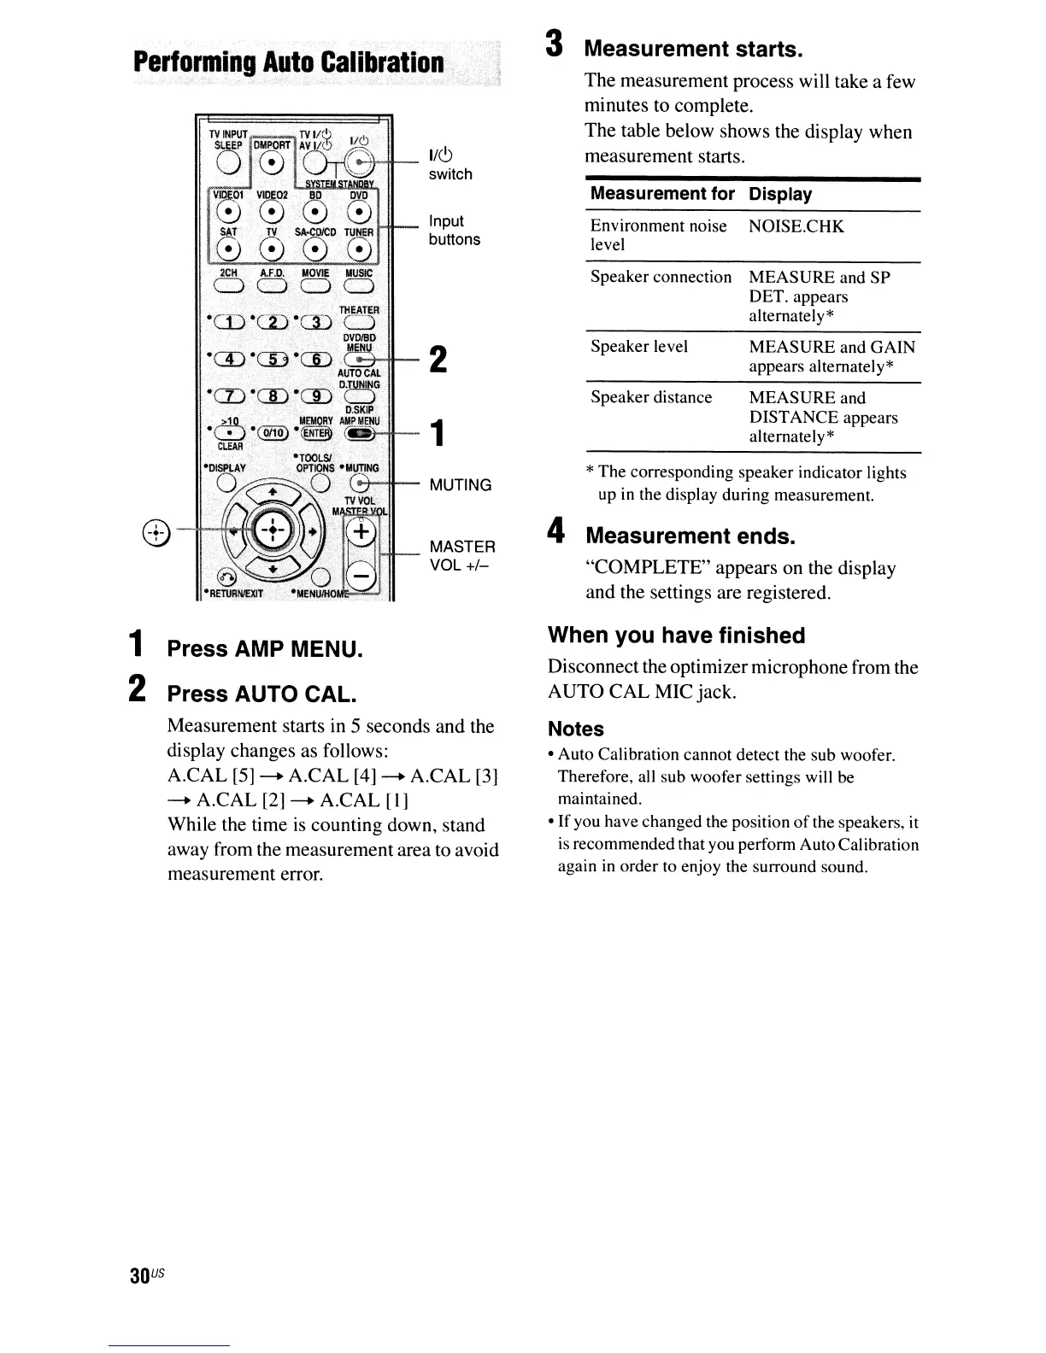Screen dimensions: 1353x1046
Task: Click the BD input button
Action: [x=315, y=214]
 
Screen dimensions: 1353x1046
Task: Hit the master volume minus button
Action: [x=362, y=579]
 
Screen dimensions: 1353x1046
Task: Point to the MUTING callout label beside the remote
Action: [x=461, y=485]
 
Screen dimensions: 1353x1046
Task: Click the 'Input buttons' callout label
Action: [x=454, y=231]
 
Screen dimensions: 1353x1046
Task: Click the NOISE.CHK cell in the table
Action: [x=796, y=226]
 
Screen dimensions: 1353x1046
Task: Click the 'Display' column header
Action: [x=780, y=194]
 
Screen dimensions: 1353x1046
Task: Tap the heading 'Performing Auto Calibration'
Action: [x=288, y=64]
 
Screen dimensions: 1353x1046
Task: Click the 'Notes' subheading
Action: [x=576, y=729]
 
